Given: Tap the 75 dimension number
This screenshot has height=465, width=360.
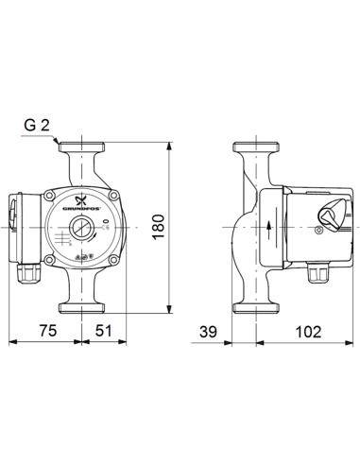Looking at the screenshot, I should pos(48,331).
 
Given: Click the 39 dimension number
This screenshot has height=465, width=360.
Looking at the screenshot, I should pos(212,331).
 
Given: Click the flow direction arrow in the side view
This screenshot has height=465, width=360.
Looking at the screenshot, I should pos(269,227).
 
